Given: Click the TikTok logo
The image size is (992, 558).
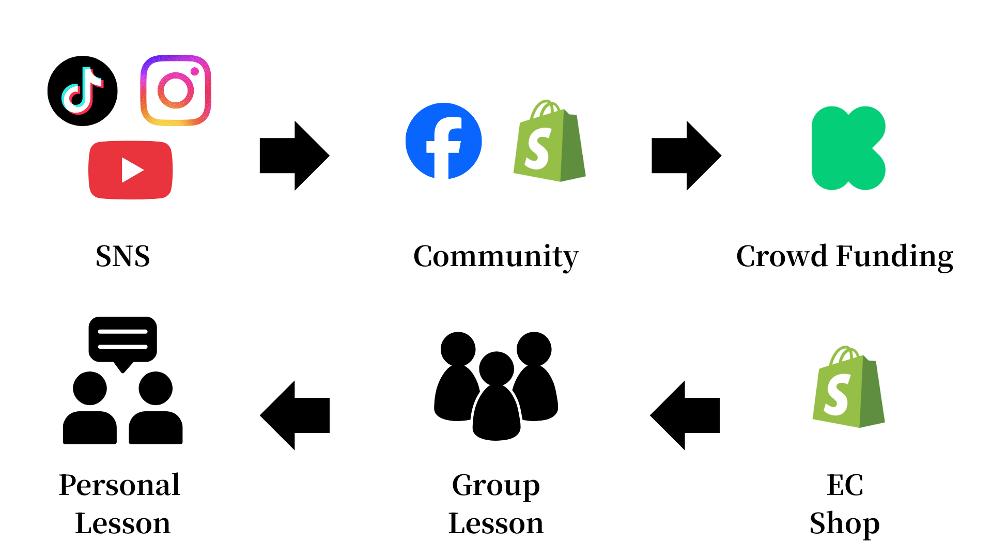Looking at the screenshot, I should pos(83,91).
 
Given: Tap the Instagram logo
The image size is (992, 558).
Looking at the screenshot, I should pos(176,90).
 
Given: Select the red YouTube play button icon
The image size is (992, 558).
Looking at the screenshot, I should pos(131,170).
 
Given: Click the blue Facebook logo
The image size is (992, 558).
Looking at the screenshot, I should pos(444,141).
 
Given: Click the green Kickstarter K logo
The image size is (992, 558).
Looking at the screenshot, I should pos(848,148).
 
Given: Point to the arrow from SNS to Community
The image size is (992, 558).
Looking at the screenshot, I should pos(295,156).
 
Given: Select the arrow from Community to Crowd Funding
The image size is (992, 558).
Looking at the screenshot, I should pos(687,156).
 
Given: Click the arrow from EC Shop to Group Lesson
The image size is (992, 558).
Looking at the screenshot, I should pos(685,415).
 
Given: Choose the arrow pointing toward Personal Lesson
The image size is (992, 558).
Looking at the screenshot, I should pos(295,415).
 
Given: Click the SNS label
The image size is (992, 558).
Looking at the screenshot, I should pos(123,256).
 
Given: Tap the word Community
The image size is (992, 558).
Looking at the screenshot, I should pos(496,257).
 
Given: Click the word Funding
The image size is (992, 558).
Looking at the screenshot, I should pos(895,257).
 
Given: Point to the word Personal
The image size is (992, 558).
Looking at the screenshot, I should pos(119,485).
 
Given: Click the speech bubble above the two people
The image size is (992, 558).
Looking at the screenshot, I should pos(122,339).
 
